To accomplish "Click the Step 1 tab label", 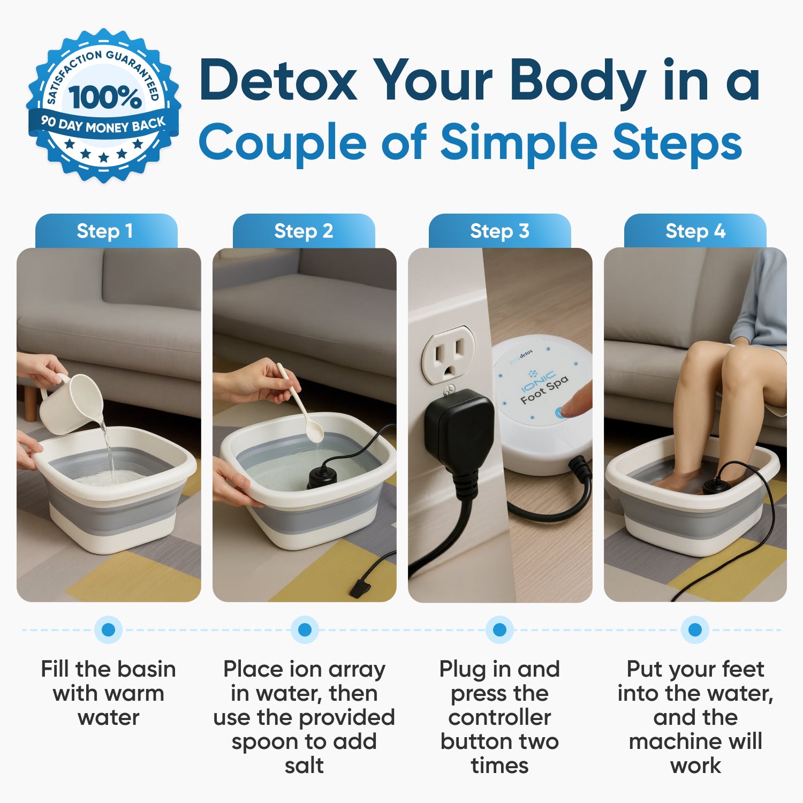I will [x=105, y=231].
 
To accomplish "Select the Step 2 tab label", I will [x=304, y=231].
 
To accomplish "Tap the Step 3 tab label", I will [x=499, y=231].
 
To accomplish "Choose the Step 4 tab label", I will [x=695, y=231].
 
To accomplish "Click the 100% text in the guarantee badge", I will [x=105, y=97].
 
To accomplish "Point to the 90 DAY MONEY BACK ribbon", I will [x=103, y=125].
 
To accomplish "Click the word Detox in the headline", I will [x=278, y=80].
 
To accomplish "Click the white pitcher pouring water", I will [x=72, y=404].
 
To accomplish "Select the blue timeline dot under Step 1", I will [x=108, y=630].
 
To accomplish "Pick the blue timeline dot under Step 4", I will [x=695, y=630].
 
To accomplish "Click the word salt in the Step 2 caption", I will [x=304, y=766].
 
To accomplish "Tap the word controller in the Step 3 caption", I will [x=499, y=717].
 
